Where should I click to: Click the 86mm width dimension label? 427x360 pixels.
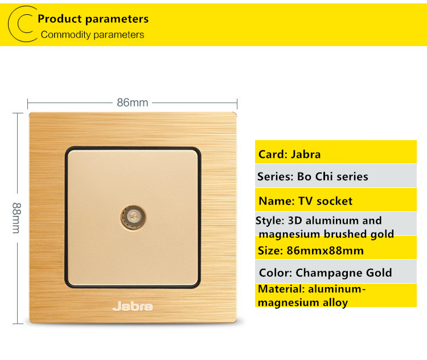tap(133, 103)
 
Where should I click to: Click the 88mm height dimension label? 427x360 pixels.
tap(17, 218)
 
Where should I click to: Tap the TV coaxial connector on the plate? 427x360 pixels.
tap(133, 217)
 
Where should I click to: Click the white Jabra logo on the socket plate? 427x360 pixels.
tap(133, 306)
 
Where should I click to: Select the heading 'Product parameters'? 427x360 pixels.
tap(93, 19)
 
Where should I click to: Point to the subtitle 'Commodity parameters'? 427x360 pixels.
tap(92, 35)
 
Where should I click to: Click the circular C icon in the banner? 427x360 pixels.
tap(23, 24)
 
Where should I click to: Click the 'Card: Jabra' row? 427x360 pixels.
tap(336, 152)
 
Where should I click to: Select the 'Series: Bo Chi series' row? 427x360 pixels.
tap(336, 176)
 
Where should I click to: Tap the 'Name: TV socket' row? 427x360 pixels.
tap(336, 199)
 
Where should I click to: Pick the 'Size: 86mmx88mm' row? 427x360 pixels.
tap(336, 247)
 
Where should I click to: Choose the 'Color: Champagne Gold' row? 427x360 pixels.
tap(336, 272)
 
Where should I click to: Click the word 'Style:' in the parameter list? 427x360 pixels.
tap(270, 221)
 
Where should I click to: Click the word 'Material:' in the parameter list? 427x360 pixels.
tap(281, 289)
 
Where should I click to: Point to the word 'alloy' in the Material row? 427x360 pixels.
tap(335, 303)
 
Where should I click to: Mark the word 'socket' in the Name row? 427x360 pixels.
tap(334, 201)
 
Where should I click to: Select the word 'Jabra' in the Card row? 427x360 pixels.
tap(306, 154)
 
